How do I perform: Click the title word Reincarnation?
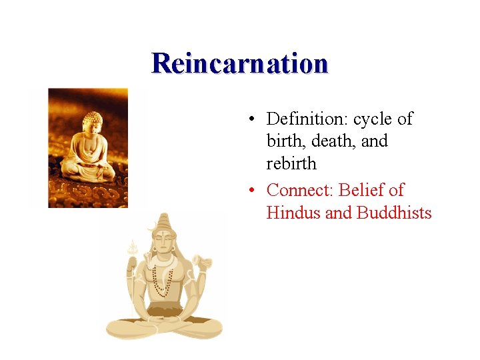coord(239,64)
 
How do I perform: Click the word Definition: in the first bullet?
coord(307,119)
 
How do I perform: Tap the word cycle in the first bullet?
coord(374,119)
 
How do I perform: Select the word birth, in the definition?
coord(289,141)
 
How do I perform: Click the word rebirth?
coord(291,164)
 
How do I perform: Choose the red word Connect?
coord(300,190)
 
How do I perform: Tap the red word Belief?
coord(361,190)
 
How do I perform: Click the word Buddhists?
coord(394,213)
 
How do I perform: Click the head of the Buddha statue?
coord(91,124)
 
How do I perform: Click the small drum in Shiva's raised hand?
coord(205,261)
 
